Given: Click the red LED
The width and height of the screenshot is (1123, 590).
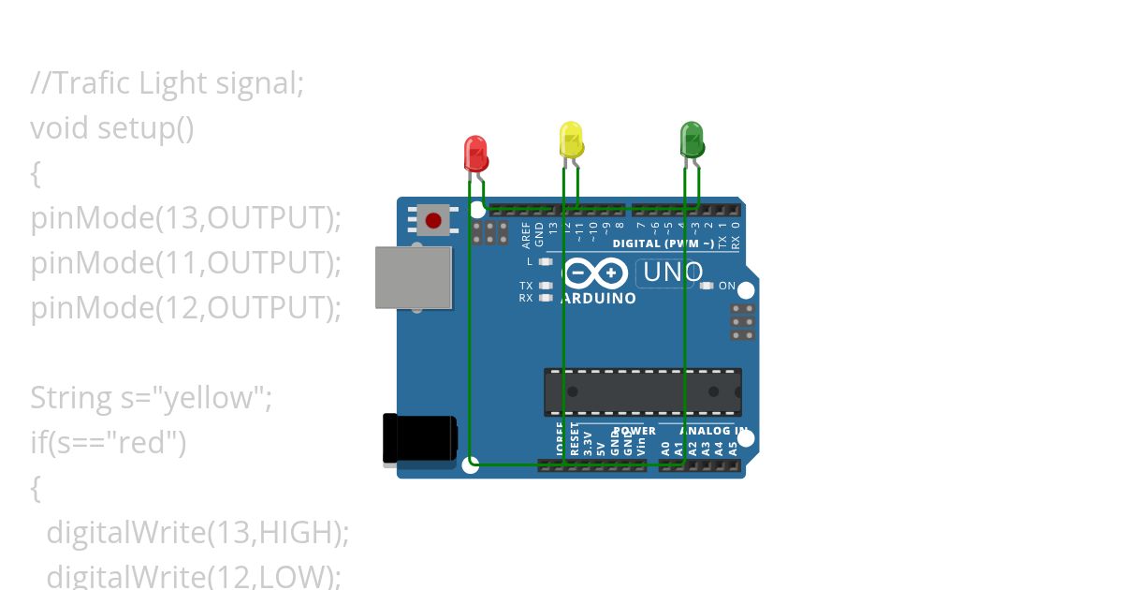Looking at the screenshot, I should coord(475,153).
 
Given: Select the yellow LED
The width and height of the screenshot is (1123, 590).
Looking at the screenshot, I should coord(571,139).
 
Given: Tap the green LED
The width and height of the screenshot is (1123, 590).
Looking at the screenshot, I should coord(691,140).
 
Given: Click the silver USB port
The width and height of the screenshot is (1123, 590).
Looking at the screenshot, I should coord(414,277).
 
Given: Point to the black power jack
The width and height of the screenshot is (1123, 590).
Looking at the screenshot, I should coord(419,439).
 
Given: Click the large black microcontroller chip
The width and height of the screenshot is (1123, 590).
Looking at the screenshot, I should coord(643,392).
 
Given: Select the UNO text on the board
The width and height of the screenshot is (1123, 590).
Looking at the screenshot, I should coord(672,273).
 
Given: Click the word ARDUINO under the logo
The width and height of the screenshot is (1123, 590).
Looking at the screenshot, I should coord(598,299).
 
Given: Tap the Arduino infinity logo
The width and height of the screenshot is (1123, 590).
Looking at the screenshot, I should coord(594,273).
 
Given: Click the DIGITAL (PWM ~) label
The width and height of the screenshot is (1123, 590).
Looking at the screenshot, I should coord(663,243).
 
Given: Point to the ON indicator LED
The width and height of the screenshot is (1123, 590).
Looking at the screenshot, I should coord(707,286).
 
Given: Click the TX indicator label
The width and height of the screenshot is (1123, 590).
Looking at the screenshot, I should coord(526,286).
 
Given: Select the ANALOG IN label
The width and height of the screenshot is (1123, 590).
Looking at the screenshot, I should coord(714,432).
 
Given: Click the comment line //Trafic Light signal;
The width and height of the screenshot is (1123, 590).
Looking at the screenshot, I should coord(168,83).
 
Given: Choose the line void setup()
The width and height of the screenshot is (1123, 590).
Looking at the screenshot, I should coord(112,127).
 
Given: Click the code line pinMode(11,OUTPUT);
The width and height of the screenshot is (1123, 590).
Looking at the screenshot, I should coord(186,263).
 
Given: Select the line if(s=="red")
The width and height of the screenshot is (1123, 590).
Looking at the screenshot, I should coord(109,442).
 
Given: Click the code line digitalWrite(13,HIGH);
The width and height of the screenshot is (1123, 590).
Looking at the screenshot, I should coord(197,532).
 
